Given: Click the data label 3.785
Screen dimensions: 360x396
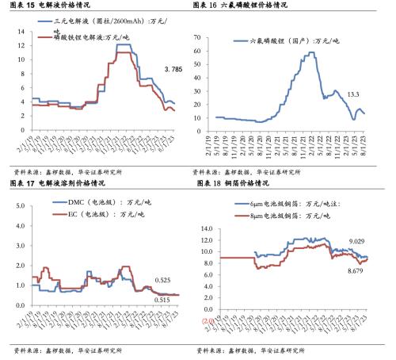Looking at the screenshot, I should point(173,70).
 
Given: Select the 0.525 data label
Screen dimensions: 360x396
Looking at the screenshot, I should point(165,280).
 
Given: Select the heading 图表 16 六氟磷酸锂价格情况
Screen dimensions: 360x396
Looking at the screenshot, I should point(242,6).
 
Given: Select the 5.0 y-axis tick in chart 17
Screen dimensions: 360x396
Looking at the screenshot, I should point(17,204).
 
